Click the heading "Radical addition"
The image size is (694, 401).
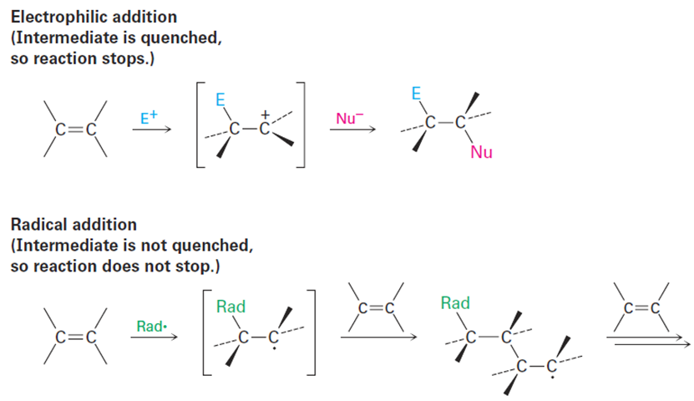click(73, 226)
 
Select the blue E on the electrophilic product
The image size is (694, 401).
click(415, 94)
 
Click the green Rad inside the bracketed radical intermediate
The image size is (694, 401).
click(230, 307)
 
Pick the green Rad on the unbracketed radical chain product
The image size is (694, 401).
click(454, 303)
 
